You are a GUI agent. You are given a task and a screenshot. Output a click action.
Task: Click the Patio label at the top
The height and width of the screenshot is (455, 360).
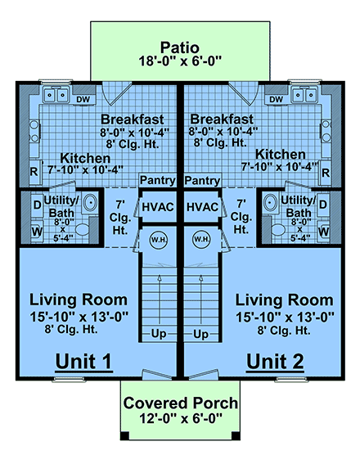180,47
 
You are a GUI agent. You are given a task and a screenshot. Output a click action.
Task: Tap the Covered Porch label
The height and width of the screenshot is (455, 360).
181,403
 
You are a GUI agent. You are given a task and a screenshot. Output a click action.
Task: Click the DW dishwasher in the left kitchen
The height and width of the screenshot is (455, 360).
83,100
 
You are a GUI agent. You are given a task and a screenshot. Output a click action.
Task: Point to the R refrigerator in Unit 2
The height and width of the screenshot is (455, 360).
326,173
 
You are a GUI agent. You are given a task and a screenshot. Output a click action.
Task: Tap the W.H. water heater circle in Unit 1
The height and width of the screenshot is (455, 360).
158,240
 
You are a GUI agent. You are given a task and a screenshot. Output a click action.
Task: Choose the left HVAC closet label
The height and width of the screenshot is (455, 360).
157,208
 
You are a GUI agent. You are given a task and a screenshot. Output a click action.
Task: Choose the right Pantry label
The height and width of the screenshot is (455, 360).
201,180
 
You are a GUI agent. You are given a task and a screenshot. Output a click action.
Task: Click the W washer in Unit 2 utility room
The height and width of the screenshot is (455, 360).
325,232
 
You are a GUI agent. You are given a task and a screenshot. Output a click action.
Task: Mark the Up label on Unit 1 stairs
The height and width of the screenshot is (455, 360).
159,335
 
